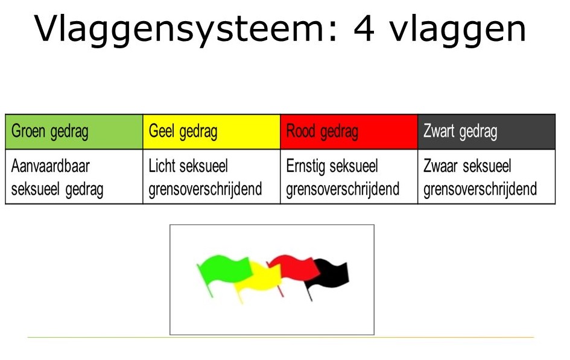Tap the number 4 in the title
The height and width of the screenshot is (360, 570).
pyautogui.click(x=364, y=29)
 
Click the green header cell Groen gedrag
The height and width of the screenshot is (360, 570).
pyautogui.click(x=74, y=131)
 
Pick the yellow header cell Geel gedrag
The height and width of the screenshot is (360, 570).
pyautogui.click(x=212, y=131)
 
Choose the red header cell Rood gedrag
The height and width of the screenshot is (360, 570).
pyautogui.click(x=349, y=131)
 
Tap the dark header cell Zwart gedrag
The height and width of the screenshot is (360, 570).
pyautogui.click(x=486, y=131)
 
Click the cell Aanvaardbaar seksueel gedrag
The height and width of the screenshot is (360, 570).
pyautogui.click(x=74, y=177)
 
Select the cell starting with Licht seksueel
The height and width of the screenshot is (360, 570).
pyautogui.click(x=212, y=177)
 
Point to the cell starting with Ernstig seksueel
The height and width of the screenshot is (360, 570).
pyautogui.click(x=349, y=177)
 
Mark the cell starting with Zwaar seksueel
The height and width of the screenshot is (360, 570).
pyautogui.click(x=486, y=177)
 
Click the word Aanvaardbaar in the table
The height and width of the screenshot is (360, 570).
pyautogui.click(x=50, y=166)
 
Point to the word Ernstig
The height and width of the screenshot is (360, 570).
pyautogui.click(x=306, y=167)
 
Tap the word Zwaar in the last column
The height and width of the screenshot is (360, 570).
pyautogui.click(x=440, y=166)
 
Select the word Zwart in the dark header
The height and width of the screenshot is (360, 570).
pyautogui.click(x=439, y=131)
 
